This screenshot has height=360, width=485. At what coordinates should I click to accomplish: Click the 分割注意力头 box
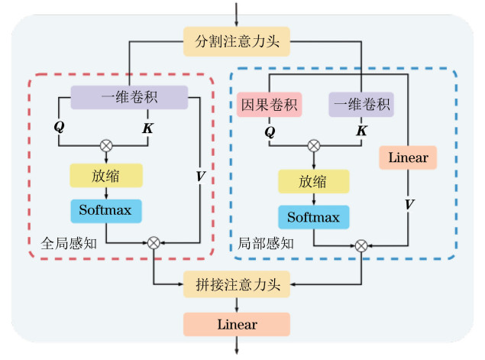(237, 42)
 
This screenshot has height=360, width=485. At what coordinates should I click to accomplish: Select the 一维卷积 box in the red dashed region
(129, 97)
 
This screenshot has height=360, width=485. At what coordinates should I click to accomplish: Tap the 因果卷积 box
(271, 105)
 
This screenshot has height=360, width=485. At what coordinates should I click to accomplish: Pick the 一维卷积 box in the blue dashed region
(361, 105)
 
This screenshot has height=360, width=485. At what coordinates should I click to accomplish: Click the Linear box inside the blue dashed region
(408, 157)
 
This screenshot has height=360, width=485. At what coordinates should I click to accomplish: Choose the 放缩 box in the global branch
(106, 175)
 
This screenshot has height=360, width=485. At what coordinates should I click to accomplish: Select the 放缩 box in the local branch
(313, 181)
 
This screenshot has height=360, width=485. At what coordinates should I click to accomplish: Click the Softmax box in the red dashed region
(106, 209)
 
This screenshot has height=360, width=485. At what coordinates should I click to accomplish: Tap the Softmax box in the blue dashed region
(313, 217)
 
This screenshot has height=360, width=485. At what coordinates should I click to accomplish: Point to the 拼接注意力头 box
(237, 285)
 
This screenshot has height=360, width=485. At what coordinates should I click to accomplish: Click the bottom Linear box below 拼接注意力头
(237, 324)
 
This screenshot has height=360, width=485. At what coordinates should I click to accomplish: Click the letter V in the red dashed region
(200, 176)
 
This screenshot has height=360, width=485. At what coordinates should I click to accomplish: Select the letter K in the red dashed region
(148, 125)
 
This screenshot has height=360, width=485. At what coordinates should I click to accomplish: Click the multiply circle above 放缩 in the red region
(105, 145)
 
